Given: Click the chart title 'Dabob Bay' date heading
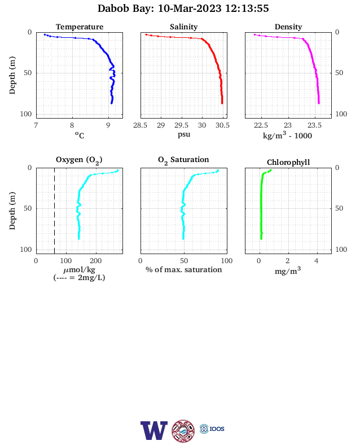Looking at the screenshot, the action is pyautogui.click(x=183, y=8).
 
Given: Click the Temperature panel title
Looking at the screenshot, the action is pyautogui.click(x=80, y=27).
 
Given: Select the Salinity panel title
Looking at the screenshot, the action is pyautogui.click(x=184, y=27).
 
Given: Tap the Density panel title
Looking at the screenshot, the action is pyautogui.click(x=288, y=27).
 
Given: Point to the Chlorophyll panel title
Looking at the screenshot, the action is pyautogui.click(x=288, y=162).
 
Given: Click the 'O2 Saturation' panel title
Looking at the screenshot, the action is pyautogui.click(x=183, y=160).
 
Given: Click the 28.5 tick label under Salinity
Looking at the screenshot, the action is pyautogui.click(x=141, y=125).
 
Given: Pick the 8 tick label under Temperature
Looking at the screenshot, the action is pyautogui.click(x=72, y=125).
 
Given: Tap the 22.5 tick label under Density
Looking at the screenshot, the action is pyautogui.click(x=261, y=125).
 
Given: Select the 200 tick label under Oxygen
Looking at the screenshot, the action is pyautogui.click(x=95, y=260).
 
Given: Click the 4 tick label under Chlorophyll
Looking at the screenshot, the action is pyautogui.click(x=317, y=260).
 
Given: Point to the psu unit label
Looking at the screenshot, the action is pyautogui.click(x=184, y=134).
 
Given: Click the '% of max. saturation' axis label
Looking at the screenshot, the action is pyautogui.click(x=184, y=269).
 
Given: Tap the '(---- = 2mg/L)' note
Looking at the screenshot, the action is pyautogui.click(x=79, y=277).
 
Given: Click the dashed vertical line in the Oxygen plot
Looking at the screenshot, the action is pyautogui.click(x=54, y=211).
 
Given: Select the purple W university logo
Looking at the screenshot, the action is pyautogui.click(x=154, y=430).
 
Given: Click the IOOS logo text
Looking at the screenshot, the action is pyautogui.click(x=217, y=429).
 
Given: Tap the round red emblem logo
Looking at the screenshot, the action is pyautogui.click(x=183, y=431).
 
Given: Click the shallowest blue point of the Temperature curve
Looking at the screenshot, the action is pyautogui.click(x=45, y=34).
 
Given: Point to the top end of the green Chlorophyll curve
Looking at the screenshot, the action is pyautogui.click(x=271, y=171).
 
